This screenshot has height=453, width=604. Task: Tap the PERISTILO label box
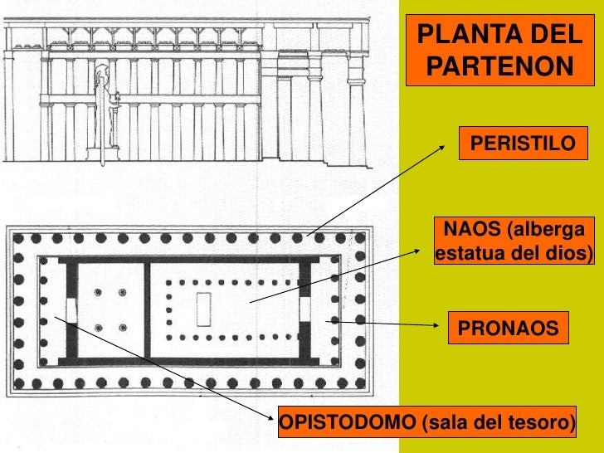click(522, 144)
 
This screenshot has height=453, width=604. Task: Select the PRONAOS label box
click(509, 329)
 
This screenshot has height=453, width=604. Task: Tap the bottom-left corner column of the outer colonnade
click(17, 383)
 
